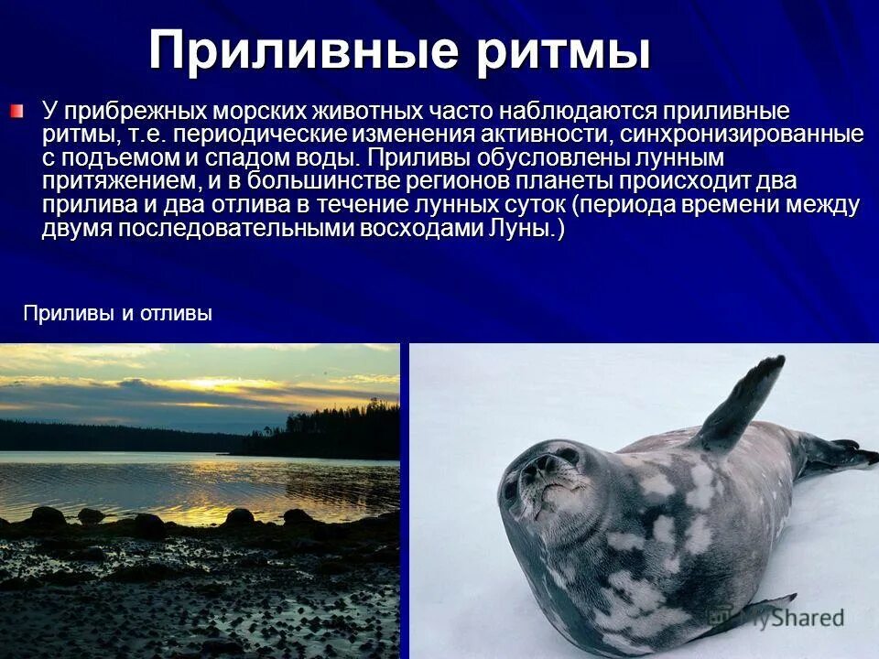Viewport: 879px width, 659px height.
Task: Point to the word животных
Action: pos(367,113)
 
